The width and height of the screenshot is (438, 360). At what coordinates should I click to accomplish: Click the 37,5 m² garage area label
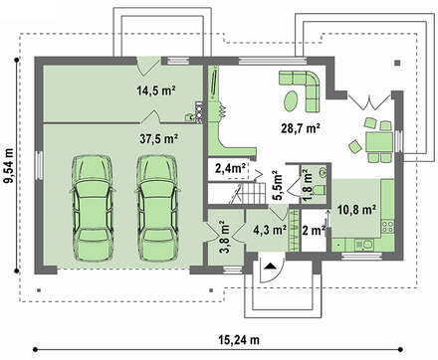point(157,139)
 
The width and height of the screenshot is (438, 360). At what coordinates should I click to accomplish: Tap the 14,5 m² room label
point(156,90)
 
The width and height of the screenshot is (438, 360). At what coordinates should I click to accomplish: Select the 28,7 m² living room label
point(301,128)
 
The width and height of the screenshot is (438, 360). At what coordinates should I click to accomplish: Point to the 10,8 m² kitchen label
point(356,210)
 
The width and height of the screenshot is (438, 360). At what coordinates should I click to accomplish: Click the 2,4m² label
point(230,168)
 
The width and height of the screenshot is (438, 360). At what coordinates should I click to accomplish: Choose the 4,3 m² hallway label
point(270,230)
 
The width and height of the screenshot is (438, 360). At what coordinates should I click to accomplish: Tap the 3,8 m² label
point(225,237)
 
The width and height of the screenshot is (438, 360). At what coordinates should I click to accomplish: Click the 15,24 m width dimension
point(239,340)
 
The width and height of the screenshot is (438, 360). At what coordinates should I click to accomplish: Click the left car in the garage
point(93,208)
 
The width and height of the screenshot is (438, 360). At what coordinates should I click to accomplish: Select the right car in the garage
point(158,208)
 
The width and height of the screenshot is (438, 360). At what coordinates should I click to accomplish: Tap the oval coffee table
point(292,101)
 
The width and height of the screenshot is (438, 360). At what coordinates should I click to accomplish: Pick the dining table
point(379,142)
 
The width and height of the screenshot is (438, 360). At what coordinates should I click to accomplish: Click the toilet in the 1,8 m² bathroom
point(320,190)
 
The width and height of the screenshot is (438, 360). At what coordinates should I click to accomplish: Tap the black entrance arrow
point(271,266)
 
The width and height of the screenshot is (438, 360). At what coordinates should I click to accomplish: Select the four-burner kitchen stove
point(387,227)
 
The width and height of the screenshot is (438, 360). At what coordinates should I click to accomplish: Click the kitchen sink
point(364,245)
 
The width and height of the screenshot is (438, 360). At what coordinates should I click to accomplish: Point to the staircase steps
point(253,193)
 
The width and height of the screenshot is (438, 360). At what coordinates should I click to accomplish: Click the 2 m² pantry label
point(314,230)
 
